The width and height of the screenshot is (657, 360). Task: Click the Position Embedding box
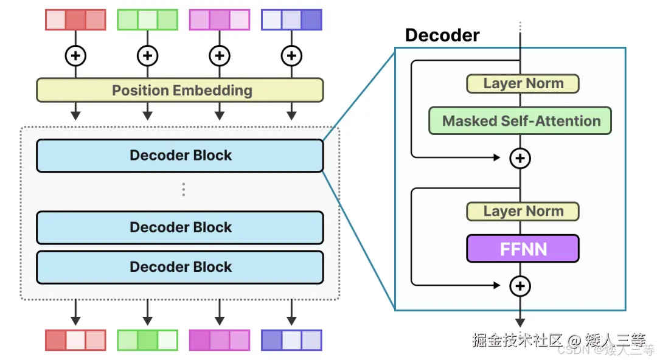pos(180,91)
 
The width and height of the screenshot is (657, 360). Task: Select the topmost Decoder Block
pos(180,156)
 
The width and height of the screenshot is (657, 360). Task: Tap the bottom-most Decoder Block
pos(180,267)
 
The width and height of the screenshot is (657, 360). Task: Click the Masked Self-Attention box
pos(520,121)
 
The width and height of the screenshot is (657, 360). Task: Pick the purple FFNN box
pos(523,249)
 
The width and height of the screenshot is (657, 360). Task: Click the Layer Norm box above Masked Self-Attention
pos(523,84)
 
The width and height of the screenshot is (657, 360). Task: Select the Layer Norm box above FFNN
pos(523,212)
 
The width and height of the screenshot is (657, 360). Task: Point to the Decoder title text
pos(442,35)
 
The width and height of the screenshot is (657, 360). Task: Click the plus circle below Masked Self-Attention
pos(520,159)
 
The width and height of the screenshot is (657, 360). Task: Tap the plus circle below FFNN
pos(520,286)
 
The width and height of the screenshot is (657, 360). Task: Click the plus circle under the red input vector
pos(75,56)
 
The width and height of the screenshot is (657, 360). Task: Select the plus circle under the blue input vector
pos(291,56)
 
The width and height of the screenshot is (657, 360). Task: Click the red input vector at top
pos(75,19)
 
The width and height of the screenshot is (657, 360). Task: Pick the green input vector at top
pos(147,19)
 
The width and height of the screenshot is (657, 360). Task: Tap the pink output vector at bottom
pos(219,340)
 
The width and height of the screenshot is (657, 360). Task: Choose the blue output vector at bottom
pos(291,340)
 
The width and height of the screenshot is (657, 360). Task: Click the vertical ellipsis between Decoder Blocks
pos(183,190)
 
